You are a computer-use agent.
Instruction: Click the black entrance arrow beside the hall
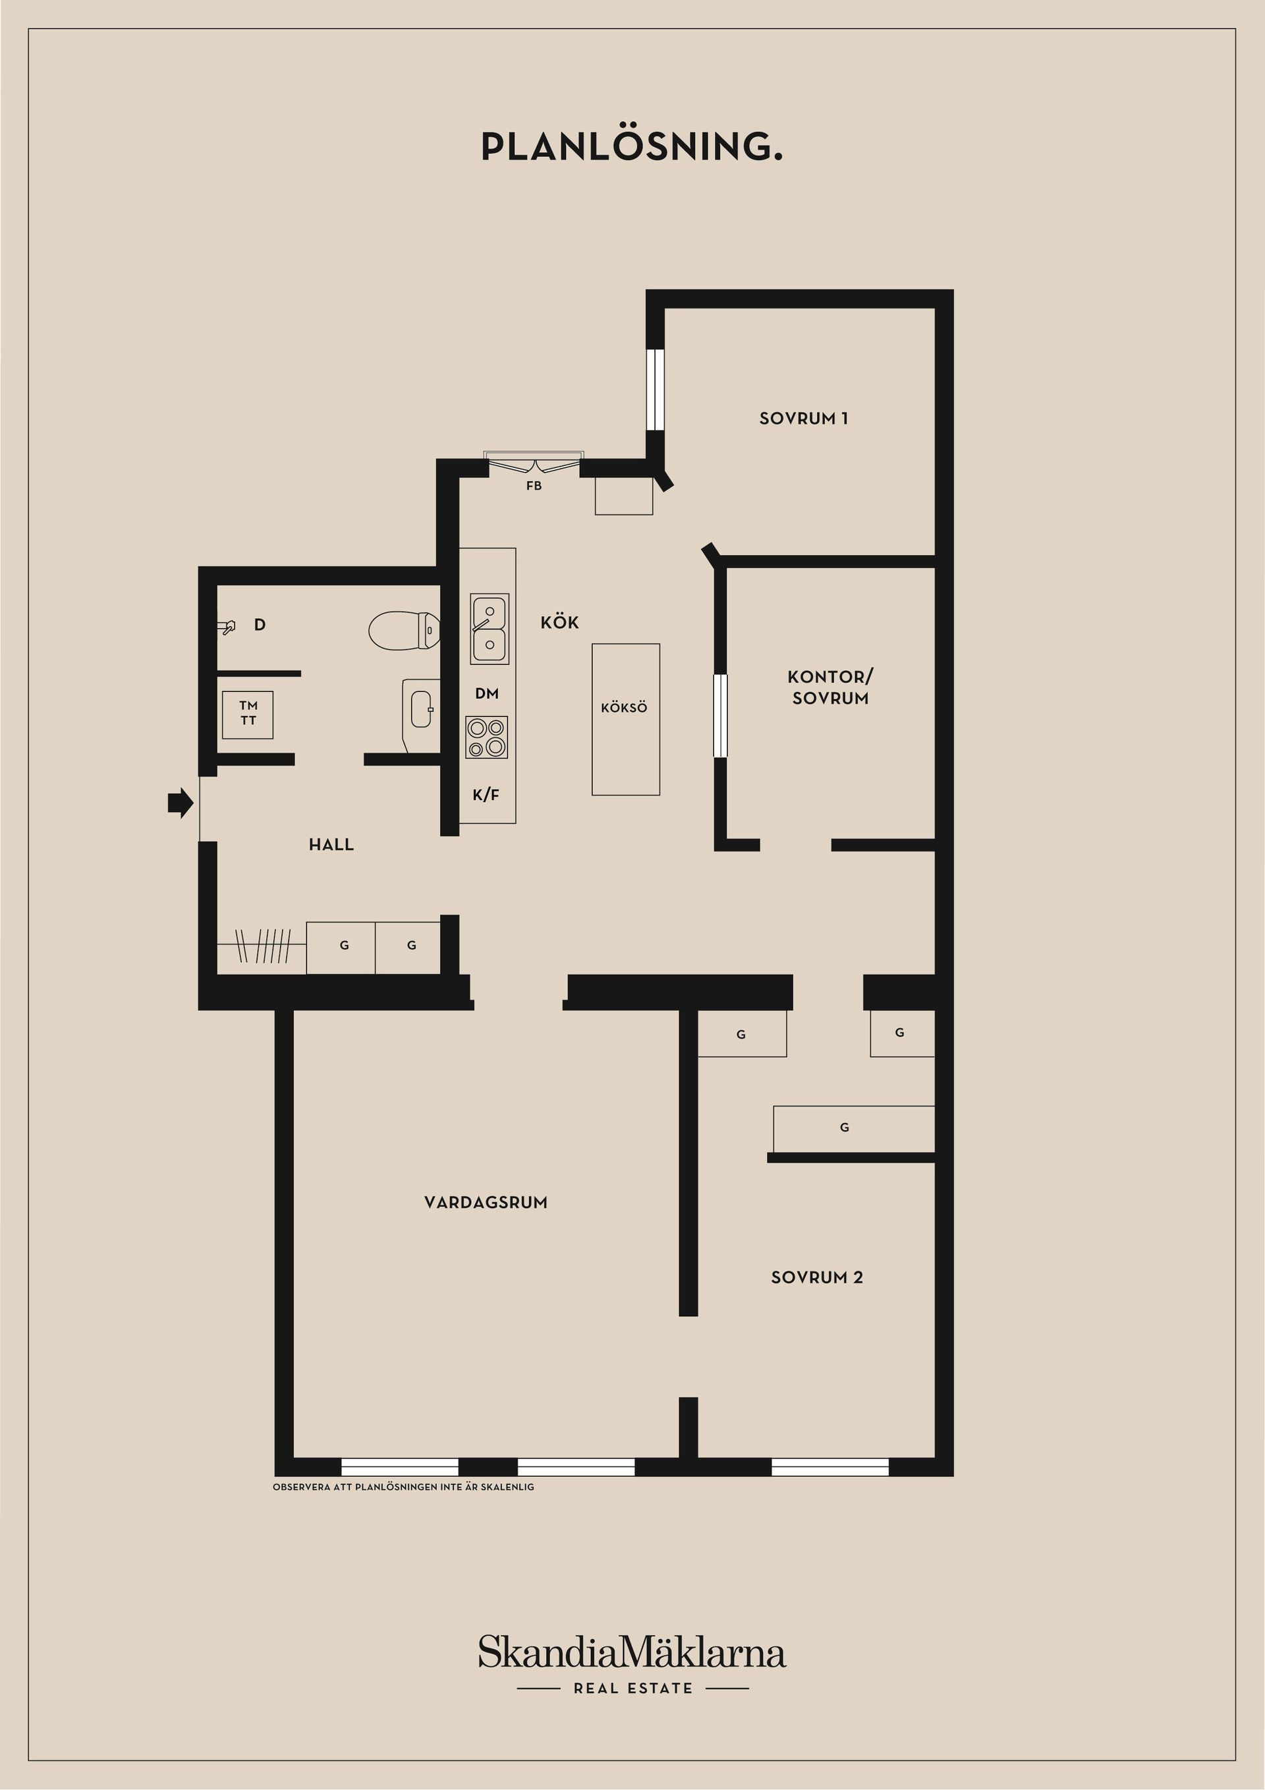pyautogui.click(x=181, y=802)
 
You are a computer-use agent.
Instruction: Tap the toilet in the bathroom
pyautogui.click(x=404, y=630)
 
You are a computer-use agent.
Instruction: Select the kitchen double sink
pyautogui.click(x=490, y=629)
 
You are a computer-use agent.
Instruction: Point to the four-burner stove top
pyautogui.click(x=487, y=737)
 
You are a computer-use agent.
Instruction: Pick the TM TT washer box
pyautogui.click(x=248, y=714)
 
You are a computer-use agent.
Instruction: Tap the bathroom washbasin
pyautogui.click(x=421, y=709)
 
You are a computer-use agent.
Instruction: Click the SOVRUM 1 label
pyautogui.click(x=804, y=419)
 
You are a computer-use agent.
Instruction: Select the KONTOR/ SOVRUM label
pyautogui.click(x=830, y=687)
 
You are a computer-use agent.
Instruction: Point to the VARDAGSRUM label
pyautogui.click(x=486, y=1203)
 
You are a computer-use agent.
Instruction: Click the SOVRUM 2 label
pyautogui.click(x=817, y=1278)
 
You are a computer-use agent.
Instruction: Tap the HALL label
pyautogui.click(x=331, y=844)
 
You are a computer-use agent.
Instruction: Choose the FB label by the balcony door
pyautogui.click(x=534, y=486)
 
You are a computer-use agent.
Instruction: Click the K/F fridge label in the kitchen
pyautogui.click(x=486, y=795)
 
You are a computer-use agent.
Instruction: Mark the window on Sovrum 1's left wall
pyautogui.click(x=656, y=389)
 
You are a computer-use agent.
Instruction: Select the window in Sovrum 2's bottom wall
pyautogui.click(x=830, y=1467)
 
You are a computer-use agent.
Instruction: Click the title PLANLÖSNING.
pyautogui.click(x=631, y=146)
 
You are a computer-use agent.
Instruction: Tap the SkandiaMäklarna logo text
pyautogui.click(x=632, y=1653)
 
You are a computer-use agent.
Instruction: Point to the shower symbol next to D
pyautogui.click(x=227, y=627)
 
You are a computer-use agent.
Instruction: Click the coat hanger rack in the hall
pyautogui.click(x=263, y=946)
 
